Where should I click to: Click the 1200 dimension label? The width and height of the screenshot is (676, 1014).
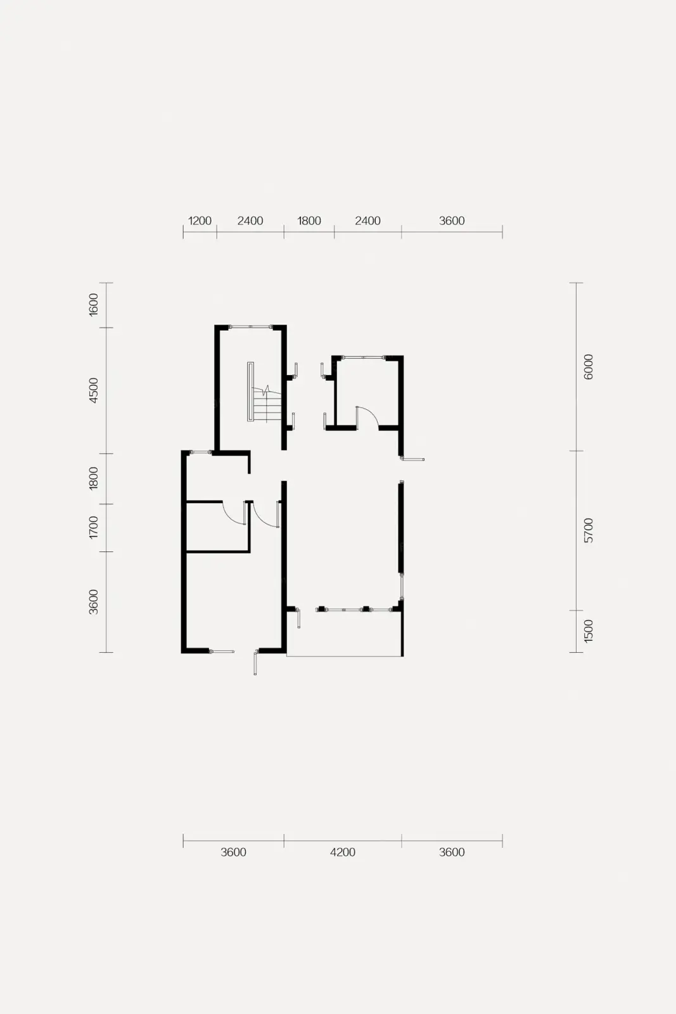[x=200, y=221]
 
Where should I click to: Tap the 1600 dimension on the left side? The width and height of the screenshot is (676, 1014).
[x=93, y=305]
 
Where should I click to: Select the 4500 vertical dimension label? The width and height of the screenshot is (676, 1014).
[x=93, y=390]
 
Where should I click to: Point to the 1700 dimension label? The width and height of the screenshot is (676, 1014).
[x=93, y=527]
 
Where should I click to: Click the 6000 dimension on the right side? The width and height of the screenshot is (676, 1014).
[x=588, y=367]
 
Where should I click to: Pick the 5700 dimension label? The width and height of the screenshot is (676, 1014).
[x=588, y=530]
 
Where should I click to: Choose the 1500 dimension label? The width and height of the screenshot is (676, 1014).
[x=588, y=631]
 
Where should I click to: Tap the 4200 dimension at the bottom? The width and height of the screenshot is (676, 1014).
[x=343, y=852]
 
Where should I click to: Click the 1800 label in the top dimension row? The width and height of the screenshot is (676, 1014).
[x=309, y=221]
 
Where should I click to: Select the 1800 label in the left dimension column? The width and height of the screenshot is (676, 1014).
[x=93, y=478]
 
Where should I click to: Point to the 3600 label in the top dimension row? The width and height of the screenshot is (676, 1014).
[x=452, y=221]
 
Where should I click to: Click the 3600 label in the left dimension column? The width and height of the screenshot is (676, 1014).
[x=93, y=602]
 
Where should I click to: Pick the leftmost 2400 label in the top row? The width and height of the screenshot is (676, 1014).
[x=250, y=221]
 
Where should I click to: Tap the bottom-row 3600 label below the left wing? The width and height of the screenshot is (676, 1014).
[x=234, y=852]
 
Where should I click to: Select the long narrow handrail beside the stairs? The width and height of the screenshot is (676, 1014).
[x=250, y=392]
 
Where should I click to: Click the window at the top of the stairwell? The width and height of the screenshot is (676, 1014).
[x=251, y=327]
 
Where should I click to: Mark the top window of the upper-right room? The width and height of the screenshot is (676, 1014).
[x=363, y=357]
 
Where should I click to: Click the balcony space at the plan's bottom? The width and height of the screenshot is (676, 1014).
[x=345, y=634]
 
